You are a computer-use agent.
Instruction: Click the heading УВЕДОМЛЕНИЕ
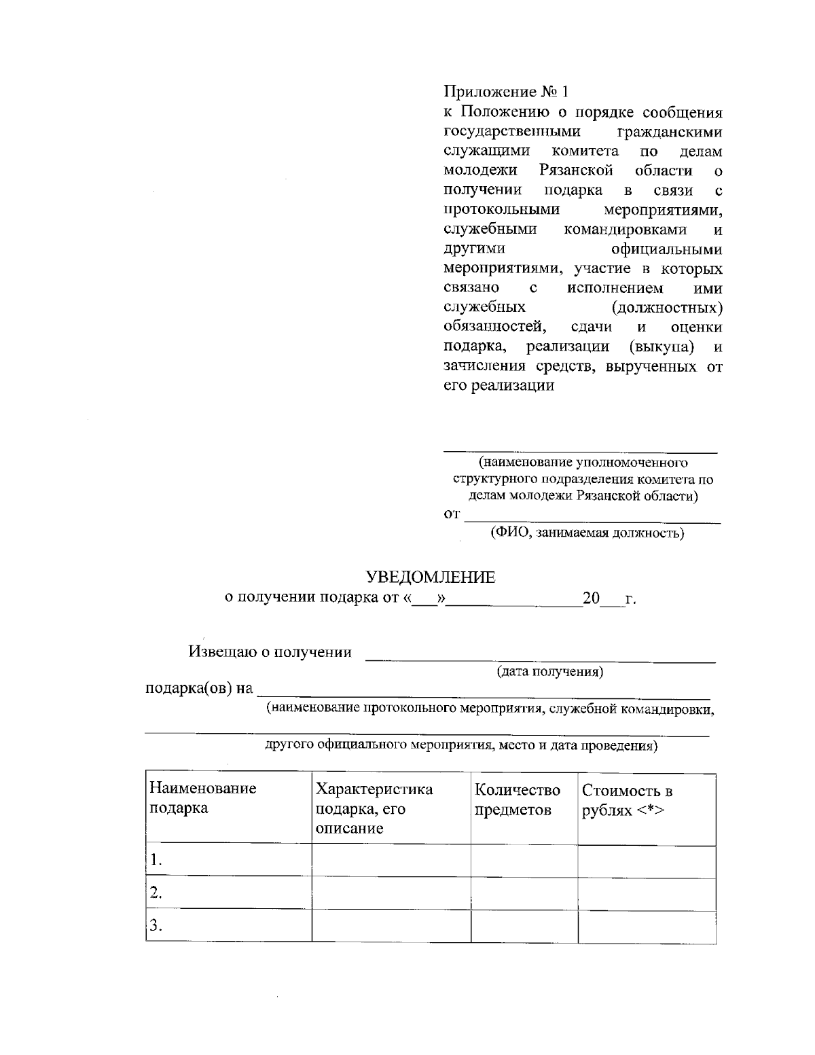tap(431, 577)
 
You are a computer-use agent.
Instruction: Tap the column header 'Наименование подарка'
tap(203, 798)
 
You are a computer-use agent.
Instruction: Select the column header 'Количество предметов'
tap(518, 800)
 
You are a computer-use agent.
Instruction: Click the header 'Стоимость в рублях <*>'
tap(627, 800)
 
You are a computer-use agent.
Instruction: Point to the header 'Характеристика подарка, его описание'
tap(374, 808)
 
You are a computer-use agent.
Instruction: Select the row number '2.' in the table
tap(156, 893)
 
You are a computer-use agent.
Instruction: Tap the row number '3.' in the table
tap(156, 925)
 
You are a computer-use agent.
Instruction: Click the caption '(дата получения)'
tap(550, 672)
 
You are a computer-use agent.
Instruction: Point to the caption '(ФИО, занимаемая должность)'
tap(587, 533)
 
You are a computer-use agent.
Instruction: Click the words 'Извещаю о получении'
tap(270, 652)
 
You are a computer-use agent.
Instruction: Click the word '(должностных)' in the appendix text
tap(667, 308)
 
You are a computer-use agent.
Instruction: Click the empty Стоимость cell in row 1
tap(647, 861)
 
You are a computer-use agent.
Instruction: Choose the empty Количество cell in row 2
tap(524, 894)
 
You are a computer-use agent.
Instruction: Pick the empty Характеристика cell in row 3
tap(391, 927)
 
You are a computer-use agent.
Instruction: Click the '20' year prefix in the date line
tap(591, 598)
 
